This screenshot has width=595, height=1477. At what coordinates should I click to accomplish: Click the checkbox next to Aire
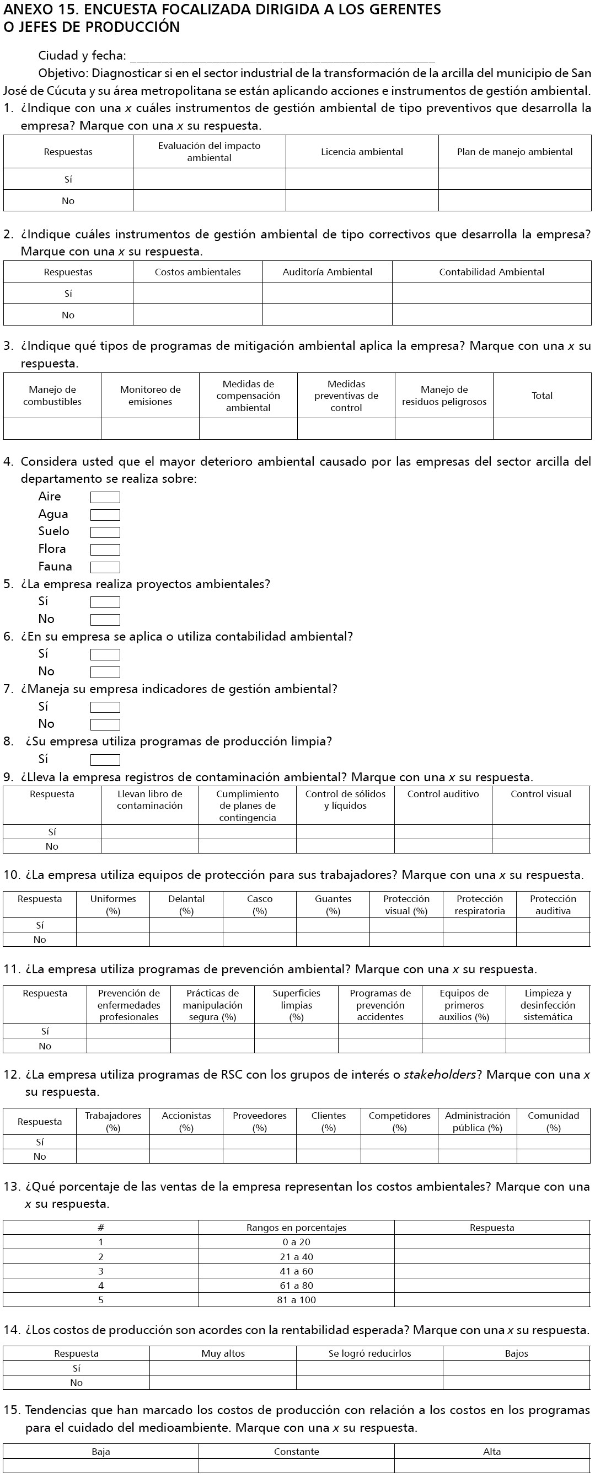[x=105, y=497]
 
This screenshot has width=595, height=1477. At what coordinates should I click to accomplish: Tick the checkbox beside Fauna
[x=105, y=567]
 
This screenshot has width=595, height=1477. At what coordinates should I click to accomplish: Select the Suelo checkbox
[x=105, y=532]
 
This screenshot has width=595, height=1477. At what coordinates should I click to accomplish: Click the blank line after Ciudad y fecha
[x=282, y=57]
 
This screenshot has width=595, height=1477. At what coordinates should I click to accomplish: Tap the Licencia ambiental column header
[x=362, y=152]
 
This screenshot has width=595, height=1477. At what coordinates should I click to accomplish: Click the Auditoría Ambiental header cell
[x=328, y=272]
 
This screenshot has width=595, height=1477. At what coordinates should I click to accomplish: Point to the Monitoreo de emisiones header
[x=150, y=395]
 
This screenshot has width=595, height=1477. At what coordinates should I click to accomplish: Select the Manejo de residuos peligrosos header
[x=444, y=395]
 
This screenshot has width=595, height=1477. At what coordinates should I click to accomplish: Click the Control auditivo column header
[x=443, y=794]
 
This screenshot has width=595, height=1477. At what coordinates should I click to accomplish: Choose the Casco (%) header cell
[x=260, y=904]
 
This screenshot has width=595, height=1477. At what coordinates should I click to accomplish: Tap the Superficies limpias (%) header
[x=296, y=1005]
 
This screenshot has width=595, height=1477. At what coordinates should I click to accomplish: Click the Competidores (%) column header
[x=400, y=1121]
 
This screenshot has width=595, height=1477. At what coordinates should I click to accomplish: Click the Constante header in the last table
[x=296, y=1451]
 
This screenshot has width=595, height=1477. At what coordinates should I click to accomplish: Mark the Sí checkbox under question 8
[x=105, y=760]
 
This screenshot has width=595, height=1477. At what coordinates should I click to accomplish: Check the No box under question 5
[x=105, y=619]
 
